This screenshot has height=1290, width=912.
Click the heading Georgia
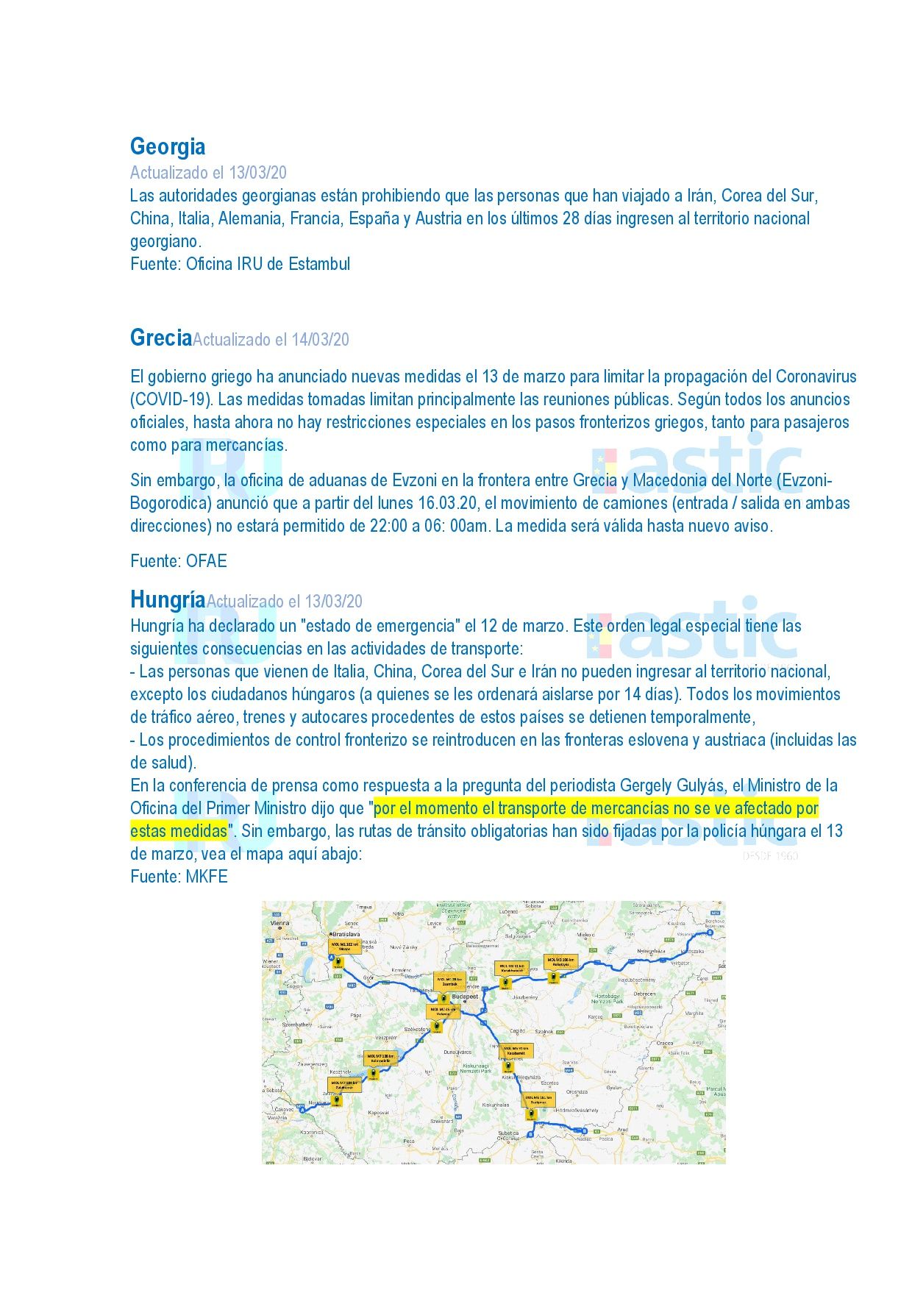(x=168, y=146)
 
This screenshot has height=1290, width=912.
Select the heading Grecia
(x=160, y=338)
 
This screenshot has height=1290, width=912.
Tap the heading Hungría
(x=167, y=599)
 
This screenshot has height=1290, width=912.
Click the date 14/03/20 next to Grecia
(x=320, y=340)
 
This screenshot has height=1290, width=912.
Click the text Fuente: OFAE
(x=179, y=561)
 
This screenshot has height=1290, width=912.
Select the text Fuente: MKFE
(x=179, y=877)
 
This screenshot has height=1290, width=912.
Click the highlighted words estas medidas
(x=179, y=831)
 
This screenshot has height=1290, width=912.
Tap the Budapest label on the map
(x=465, y=997)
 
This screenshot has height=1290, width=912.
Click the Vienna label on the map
(x=280, y=922)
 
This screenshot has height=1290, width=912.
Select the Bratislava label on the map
(x=346, y=934)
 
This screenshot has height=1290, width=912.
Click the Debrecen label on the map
(x=644, y=994)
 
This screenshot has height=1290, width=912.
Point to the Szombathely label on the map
(x=297, y=1024)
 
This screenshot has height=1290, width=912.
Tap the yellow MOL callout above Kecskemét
(x=516, y=1050)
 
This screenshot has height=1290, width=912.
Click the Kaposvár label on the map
(x=378, y=1113)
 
